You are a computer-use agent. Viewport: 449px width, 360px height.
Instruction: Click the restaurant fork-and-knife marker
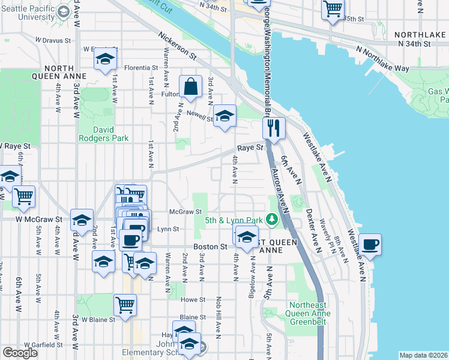273,128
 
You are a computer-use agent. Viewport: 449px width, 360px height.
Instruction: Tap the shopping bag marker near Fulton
190,87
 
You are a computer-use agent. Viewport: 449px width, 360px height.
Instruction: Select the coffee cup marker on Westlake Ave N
369,245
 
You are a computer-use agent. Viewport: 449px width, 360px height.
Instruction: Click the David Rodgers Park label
103,133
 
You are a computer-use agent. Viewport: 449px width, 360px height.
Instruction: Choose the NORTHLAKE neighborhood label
420,35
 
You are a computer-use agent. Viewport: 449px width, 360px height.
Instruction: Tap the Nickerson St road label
178,46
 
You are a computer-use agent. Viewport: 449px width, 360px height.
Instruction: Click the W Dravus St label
53,40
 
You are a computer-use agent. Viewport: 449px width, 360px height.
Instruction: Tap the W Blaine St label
98,320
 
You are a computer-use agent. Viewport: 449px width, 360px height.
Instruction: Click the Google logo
20,353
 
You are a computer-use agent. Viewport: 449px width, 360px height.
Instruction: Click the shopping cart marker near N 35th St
332,10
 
